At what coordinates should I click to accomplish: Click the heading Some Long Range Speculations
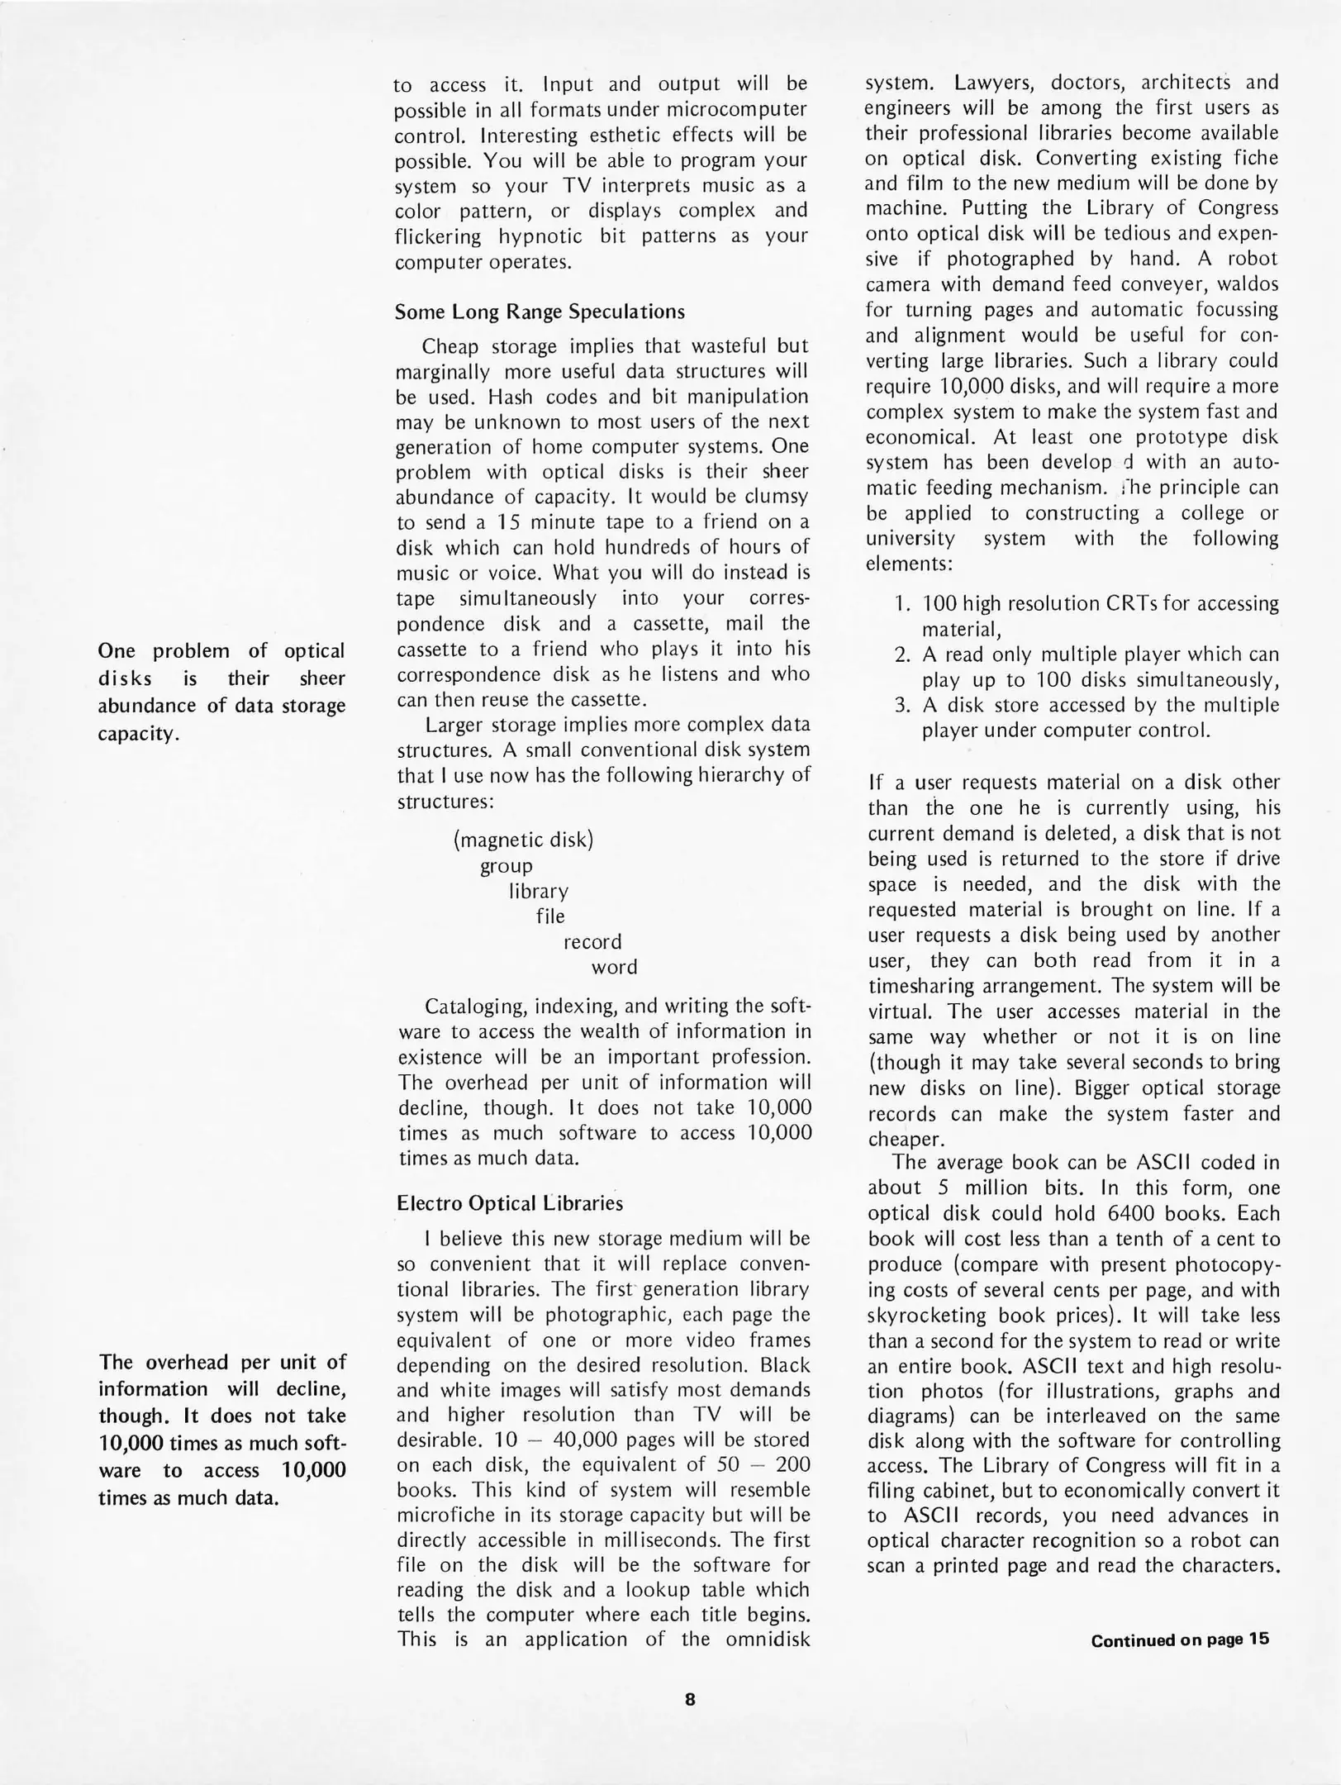click(x=540, y=312)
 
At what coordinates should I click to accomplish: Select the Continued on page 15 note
click(x=1179, y=1639)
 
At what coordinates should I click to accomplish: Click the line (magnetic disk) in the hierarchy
click(x=523, y=840)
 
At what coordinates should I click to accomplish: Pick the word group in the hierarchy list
click(x=506, y=866)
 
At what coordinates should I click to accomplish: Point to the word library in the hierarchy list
click(x=538, y=892)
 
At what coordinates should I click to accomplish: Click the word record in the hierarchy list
click(x=592, y=942)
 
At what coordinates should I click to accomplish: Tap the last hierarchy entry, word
click(x=614, y=968)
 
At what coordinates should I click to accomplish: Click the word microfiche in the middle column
click(x=446, y=1515)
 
